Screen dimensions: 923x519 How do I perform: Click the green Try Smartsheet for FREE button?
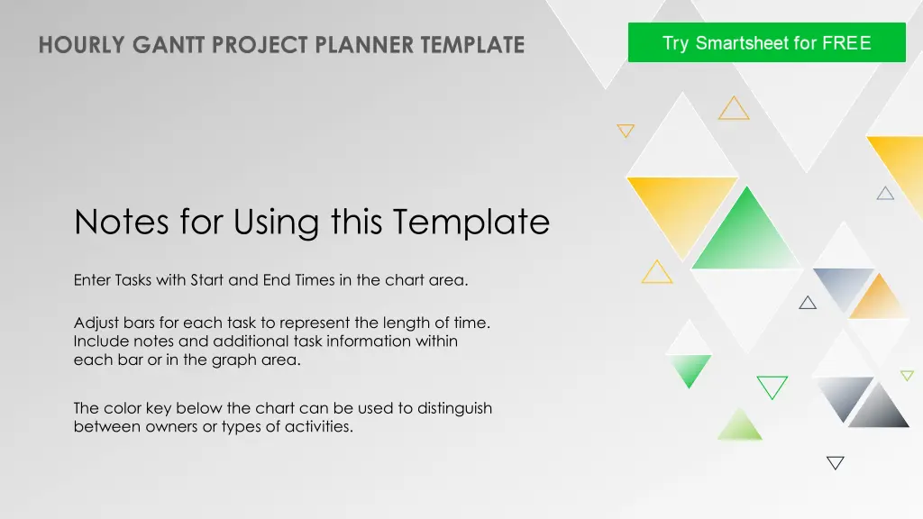pos(766,42)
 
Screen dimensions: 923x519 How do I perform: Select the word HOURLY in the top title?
pos(82,45)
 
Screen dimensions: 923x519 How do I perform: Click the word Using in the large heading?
pos(278,223)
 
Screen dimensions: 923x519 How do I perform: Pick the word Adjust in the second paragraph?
pos(96,323)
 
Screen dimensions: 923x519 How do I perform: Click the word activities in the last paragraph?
pos(319,426)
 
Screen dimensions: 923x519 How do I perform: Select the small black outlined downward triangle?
pos(836,462)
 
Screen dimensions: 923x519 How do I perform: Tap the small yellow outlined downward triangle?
pos(626,131)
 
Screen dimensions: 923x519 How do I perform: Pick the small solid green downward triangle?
pos(689,369)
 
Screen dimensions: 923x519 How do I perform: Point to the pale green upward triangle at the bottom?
pos(740,426)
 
